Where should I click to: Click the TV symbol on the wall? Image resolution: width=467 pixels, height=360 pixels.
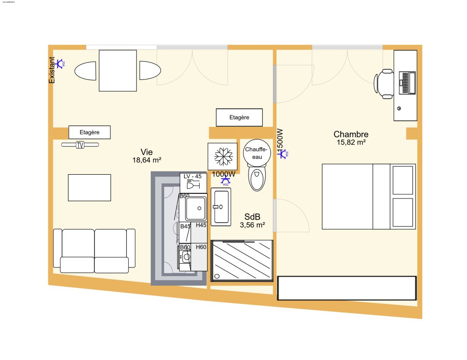click(x=80, y=145)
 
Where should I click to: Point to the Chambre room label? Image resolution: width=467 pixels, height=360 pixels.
click(x=351, y=134)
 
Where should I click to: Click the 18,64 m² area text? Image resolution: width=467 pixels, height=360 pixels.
click(x=146, y=160)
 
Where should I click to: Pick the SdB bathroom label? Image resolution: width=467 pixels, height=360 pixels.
click(x=252, y=217)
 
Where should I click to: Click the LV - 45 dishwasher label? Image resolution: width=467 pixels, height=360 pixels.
click(x=192, y=176)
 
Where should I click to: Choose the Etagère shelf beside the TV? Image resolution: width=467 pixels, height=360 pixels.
click(x=89, y=132)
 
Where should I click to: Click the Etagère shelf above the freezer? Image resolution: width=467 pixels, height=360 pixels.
click(x=239, y=117)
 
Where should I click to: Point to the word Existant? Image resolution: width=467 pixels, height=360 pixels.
click(x=52, y=70)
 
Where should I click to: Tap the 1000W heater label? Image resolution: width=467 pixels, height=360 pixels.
click(x=223, y=174)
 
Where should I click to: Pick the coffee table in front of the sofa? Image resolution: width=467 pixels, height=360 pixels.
click(x=89, y=188)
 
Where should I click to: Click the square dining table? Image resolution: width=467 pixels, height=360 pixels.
click(x=118, y=71)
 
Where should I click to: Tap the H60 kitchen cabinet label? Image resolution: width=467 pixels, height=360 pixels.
click(x=201, y=247)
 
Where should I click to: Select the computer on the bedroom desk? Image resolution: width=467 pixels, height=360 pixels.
click(x=407, y=83)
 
